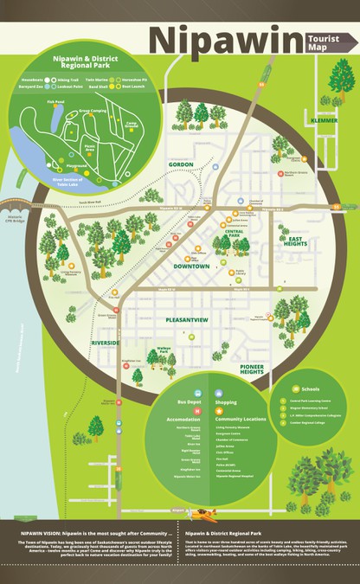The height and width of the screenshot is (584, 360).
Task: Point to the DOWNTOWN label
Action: pos(190,266)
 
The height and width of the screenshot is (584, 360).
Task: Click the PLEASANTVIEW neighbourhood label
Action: pos(187,319)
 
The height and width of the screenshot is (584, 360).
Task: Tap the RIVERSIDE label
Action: pos(106,343)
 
